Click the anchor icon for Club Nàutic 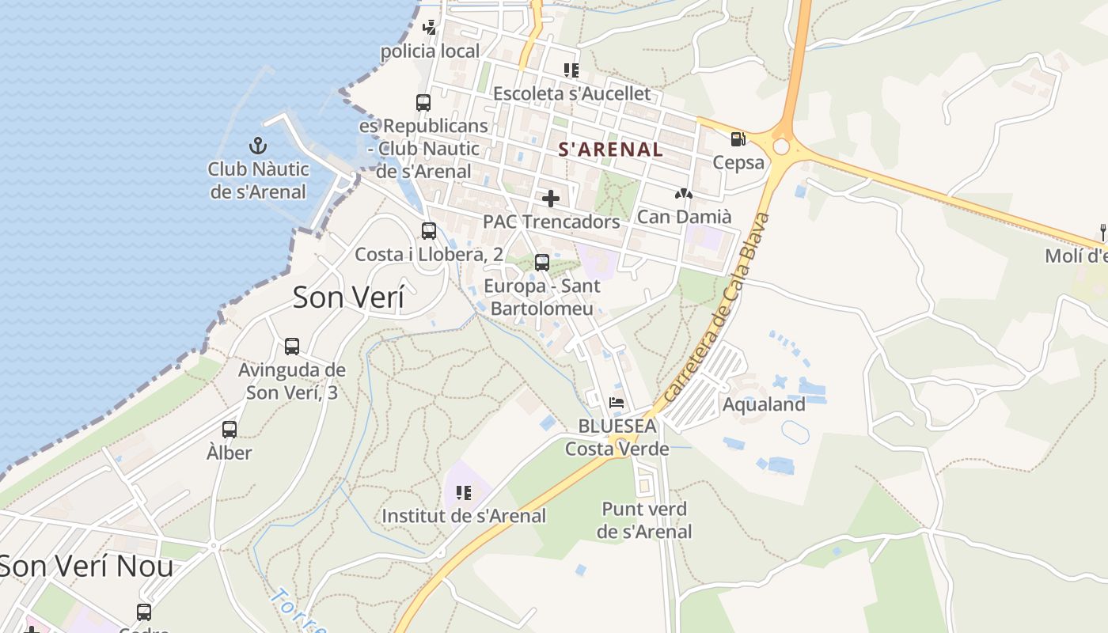258,146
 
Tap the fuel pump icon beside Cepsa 738,139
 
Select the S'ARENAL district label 611,149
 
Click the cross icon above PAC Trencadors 551,198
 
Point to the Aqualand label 764,404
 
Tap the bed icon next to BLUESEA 617,403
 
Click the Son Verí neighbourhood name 348,298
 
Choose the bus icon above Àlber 230,430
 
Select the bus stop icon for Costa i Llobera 429,231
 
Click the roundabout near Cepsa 782,146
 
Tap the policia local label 430,51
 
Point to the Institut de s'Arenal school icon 464,493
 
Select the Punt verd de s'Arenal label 644,520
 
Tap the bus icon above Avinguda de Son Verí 292,346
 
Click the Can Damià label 684,216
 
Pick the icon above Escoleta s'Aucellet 571,70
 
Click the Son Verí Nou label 85,567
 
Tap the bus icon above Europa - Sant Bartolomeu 542,262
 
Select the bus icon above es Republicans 423,102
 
